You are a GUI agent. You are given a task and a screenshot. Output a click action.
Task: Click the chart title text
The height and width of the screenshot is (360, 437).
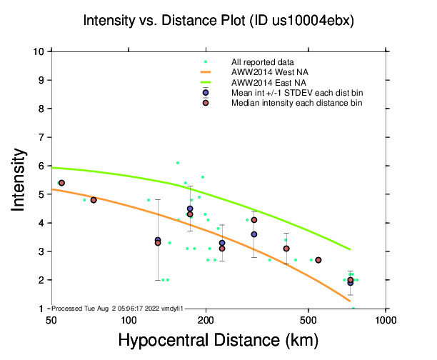coord(218,21)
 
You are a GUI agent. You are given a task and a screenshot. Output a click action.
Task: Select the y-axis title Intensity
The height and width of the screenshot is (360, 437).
coord(20,179)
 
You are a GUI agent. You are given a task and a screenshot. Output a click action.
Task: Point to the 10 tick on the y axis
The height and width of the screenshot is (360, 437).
coord(41,51)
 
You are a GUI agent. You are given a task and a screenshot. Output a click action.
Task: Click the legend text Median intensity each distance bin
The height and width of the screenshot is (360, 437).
coord(296,103)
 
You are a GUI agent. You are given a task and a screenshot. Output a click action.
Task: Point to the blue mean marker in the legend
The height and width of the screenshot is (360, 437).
coord(206,93)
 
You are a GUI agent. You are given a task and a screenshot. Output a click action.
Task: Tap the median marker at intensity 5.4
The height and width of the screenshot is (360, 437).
coord(61,183)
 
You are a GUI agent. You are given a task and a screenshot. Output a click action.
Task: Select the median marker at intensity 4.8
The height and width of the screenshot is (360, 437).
coord(94,200)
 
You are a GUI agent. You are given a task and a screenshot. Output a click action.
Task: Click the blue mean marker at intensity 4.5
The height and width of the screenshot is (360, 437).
coord(190,209)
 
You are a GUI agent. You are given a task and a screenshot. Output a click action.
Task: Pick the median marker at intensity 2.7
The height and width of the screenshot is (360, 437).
coord(318,260)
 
